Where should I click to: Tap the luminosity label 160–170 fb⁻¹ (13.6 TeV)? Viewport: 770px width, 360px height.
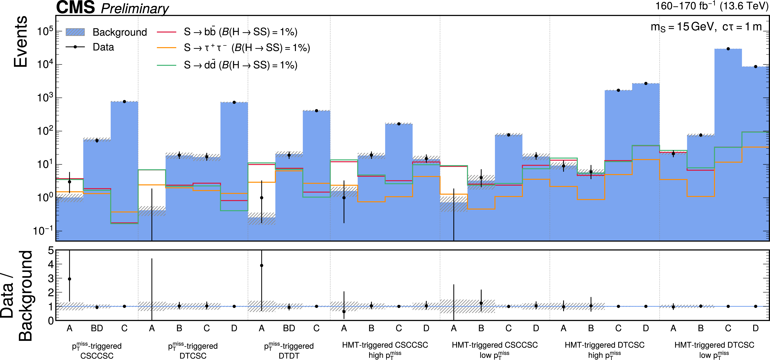click(x=711, y=6)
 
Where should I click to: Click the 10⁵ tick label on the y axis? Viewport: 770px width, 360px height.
click(x=45, y=31)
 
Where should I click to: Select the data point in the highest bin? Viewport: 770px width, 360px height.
click(x=728, y=49)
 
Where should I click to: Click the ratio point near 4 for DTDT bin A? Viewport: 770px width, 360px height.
click(x=262, y=265)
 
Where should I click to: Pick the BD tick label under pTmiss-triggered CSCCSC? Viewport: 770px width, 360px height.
click(x=97, y=328)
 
